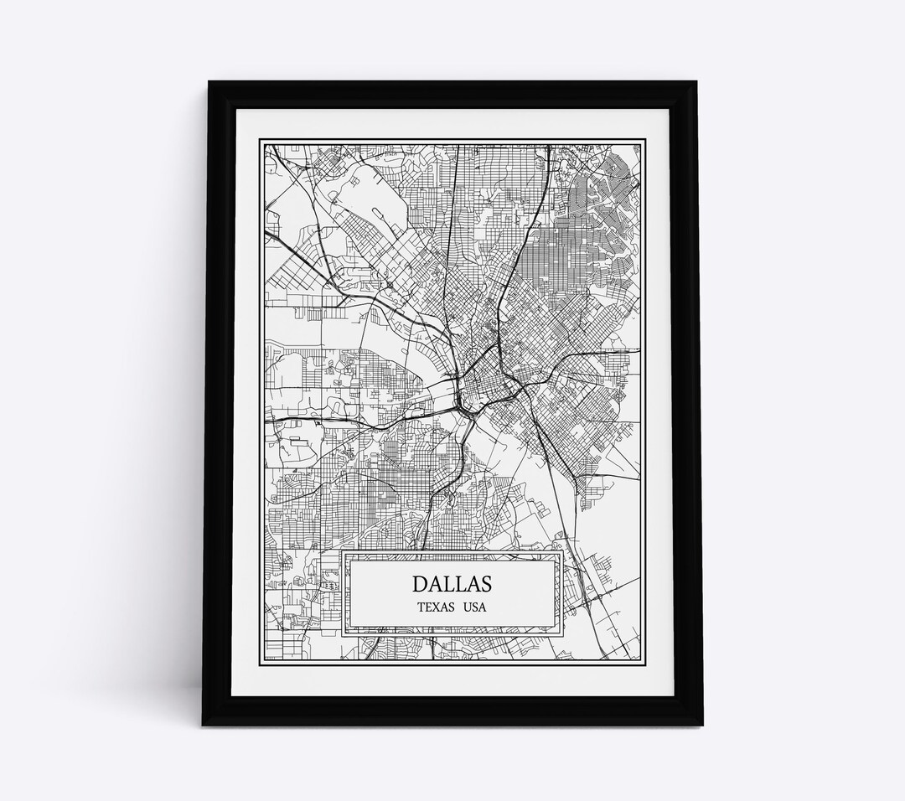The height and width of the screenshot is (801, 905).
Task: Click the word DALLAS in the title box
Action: (x=452, y=582)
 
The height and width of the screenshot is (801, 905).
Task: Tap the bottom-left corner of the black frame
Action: (x=204, y=725)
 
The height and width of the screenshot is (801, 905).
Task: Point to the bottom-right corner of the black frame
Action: (x=702, y=725)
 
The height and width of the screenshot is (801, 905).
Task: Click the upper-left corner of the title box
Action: (x=343, y=552)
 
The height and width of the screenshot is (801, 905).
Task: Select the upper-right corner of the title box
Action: (x=562, y=552)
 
